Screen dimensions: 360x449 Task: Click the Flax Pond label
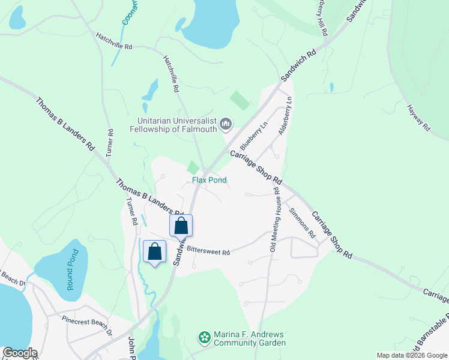pos(209,180)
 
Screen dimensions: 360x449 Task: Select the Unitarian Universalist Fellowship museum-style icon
pos(226,124)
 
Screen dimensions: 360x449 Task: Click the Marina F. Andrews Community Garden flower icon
pos(205,338)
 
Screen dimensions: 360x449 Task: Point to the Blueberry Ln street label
pos(252,137)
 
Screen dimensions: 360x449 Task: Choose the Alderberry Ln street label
pos(285,115)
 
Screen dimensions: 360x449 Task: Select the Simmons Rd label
pos(301,221)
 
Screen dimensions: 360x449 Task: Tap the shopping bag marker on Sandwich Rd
pos(181,226)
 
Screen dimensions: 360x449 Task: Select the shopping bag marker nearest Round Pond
pos(155,251)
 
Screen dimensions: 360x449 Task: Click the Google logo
pos(19,353)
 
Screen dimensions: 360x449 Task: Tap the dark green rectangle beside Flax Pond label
pos(193,167)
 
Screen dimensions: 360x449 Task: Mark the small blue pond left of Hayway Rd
pos(331,88)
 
